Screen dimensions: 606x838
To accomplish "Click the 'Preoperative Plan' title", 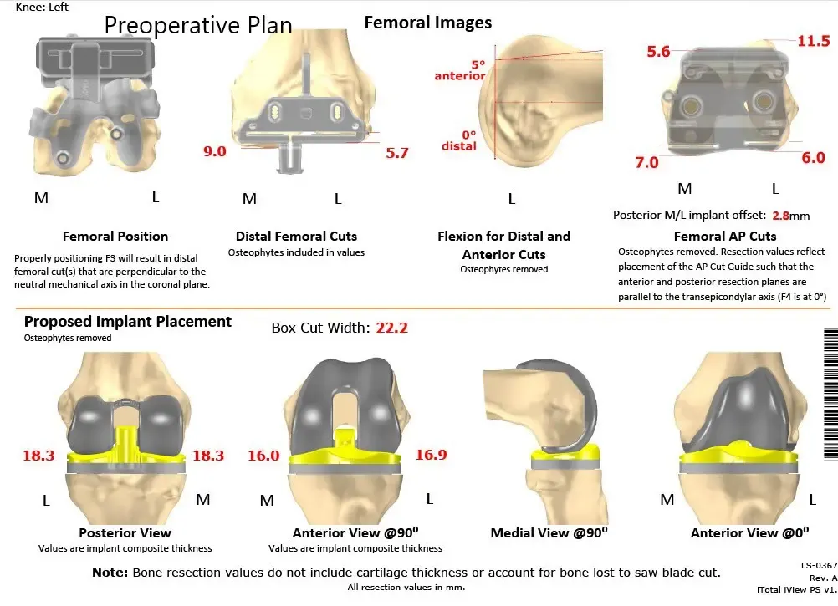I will pyautogui.click(x=198, y=25).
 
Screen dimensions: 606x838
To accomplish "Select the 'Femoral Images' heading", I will pyautogui.click(x=428, y=23).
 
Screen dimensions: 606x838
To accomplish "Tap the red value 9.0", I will pyautogui.click(x=215, y=151).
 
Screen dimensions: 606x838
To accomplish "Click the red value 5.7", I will pyautogui.click(x=397, y=153).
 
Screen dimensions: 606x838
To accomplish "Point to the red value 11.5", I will pyautogui.click(x=813, y=41).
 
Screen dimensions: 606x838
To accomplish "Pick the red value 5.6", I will pyautogui.click(x=658, y=52).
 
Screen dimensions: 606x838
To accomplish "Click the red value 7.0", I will pyautogui.click(x=646, y=162).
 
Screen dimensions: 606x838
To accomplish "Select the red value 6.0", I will pyautogui.click(x=813, y=158).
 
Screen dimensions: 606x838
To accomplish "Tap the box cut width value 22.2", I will pyautogui.click(x=391, y=328).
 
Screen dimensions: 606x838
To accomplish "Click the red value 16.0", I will pyautogui.click(x=263, y=456).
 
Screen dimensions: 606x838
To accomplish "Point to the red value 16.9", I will pyautogui.click(x=431, y=456).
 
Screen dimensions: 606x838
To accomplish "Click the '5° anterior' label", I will pyautogui.click(x=460, y=70).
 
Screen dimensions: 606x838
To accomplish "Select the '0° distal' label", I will pyautogui.click(x=459, y=140).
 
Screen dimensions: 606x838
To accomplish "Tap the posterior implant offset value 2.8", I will pyautogui.click(x=780, y=215).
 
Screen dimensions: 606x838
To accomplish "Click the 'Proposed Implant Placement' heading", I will pyautogui.click(x=128, y=322).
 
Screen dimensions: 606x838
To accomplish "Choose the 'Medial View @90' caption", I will pyautogui.click(x=549, y=533).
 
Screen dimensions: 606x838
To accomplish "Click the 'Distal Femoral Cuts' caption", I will pyautogui.click(x=296, y=237).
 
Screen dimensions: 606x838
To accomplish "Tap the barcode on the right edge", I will pyautogui.click(x=830, y=393).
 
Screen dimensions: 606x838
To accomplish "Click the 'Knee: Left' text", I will pyautogui.click(x=43, y=7).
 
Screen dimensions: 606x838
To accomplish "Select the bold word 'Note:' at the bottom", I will pyautogui.click(x=110, y=573).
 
